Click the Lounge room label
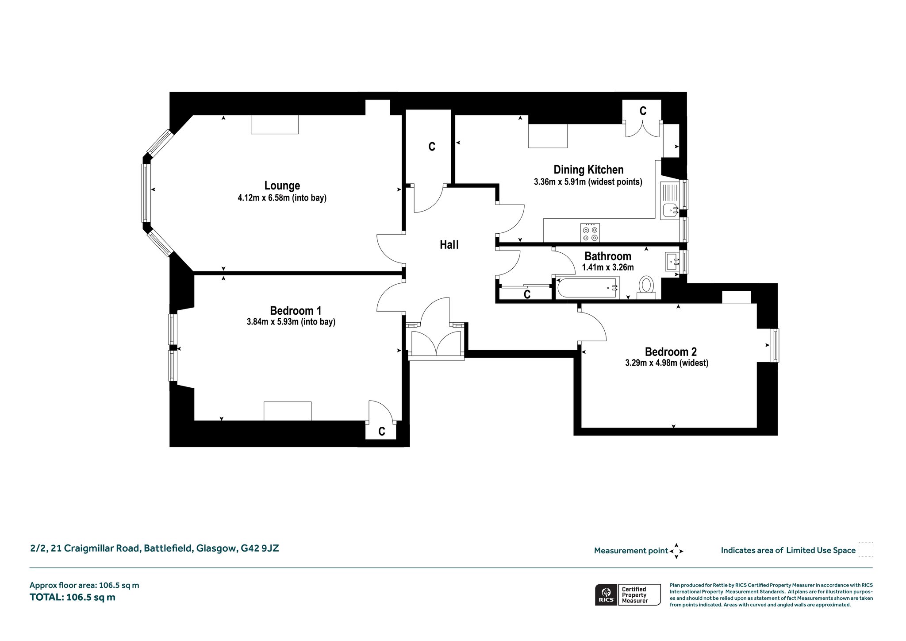coord(282,185)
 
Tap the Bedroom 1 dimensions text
coord(291,322)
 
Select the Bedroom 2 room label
coord(671,352)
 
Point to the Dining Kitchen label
coord(588,170)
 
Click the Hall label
coord(449,245)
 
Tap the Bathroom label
coord(608,256)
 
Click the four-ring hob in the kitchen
coord(590,233)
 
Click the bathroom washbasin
coord(672,262)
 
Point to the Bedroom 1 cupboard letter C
coord(382,431)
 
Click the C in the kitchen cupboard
coord(643,111)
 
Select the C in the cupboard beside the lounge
coord(432,147)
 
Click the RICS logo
coord(606,595)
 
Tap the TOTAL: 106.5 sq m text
coord(73,597)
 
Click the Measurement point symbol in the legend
coord(676,551)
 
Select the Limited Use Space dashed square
coord(865,549)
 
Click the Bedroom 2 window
coord(774,345)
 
